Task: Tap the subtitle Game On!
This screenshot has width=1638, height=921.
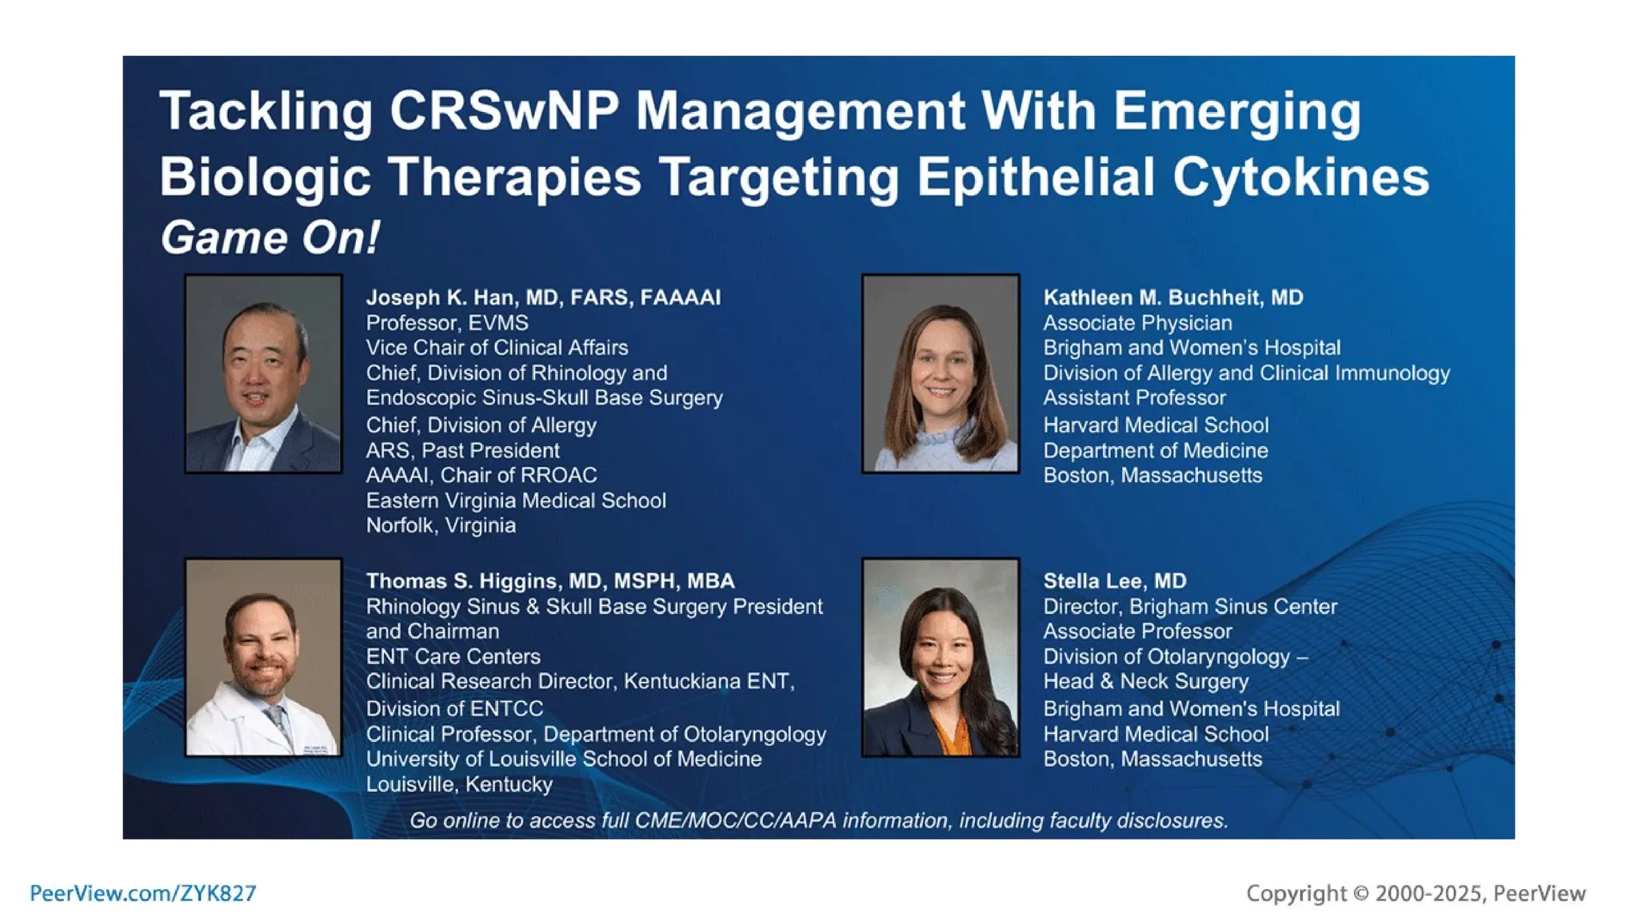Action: [270, 237]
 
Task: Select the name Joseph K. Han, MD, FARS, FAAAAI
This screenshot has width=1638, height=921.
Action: [543, 297]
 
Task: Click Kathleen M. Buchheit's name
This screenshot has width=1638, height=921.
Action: [1173, 297]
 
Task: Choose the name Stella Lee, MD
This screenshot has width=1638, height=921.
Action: [1114, 581]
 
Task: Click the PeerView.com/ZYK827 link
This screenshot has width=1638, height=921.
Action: [142, 893]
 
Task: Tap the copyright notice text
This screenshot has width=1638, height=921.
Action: [1415, 893]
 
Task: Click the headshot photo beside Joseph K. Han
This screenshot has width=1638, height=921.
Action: [263, 373]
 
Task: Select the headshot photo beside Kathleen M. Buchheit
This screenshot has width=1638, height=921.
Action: [940, 373]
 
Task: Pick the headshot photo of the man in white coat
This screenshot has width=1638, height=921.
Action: [263, 657]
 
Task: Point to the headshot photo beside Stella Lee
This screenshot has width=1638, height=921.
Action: [940, 657]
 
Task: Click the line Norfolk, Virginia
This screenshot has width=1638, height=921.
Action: [441, 525]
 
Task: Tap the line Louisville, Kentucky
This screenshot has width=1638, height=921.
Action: [459, 784]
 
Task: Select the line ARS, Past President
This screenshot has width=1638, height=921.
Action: [462, 450]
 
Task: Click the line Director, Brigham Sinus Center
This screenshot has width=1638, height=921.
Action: [1189, 607]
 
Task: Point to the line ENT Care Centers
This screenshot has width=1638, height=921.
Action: [453, 656]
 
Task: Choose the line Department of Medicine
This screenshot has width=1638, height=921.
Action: [1155, 450]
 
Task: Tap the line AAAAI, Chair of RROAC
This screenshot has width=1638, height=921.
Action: [481, 475]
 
